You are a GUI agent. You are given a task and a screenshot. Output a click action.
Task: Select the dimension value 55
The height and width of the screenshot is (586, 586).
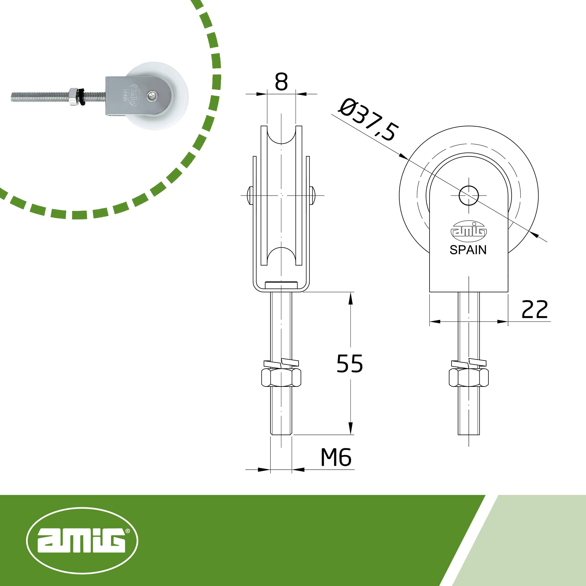pyautogui.click(x=350, y=363)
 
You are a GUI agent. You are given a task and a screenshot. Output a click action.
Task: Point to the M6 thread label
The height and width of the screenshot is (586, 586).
pyautogui.click(x=336, y=457)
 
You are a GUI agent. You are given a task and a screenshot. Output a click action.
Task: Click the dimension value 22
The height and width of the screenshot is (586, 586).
pyautogui.click(x=534, y=309)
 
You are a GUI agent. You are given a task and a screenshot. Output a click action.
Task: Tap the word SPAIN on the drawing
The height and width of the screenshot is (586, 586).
pyautogui.click(x=468, y=250)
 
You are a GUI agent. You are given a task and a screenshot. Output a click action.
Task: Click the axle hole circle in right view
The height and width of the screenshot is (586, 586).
pyautogui.click(x=469, y=196)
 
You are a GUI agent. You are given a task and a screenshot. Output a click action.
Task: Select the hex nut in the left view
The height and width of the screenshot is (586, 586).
pyautogui.click(x=281, y=378)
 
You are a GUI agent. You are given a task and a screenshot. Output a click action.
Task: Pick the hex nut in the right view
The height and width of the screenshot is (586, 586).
pyautogui.click(x=469, y=378)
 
